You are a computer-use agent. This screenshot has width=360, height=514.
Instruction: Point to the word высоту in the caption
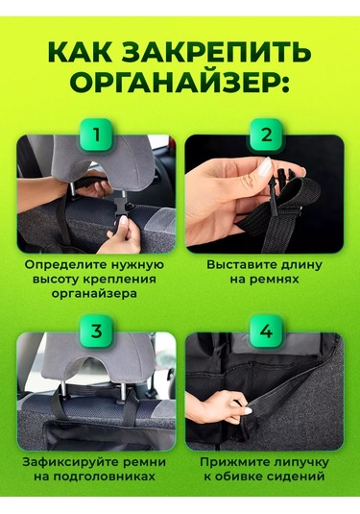pyautogui.click(x=66, y=279)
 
